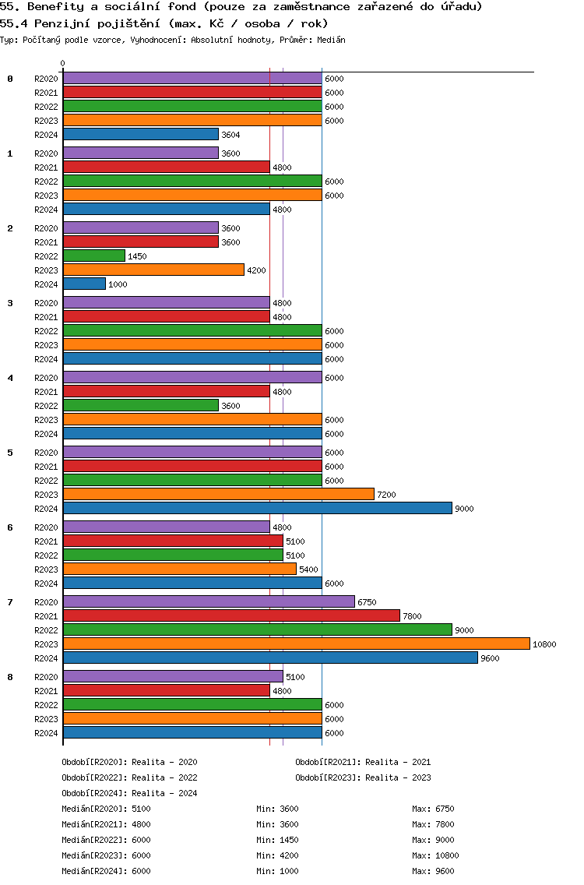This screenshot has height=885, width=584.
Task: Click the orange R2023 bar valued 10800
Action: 296,644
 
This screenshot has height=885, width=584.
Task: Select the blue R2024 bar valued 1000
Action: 84,284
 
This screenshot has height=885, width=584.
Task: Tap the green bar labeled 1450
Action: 93,256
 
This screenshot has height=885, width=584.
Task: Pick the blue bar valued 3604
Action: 140,135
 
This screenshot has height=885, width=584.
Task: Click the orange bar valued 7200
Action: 218,495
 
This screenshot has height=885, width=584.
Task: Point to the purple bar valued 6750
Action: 209,602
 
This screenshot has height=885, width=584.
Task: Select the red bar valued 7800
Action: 231,616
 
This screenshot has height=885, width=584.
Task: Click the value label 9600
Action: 490,658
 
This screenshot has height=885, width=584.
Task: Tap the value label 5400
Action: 308,569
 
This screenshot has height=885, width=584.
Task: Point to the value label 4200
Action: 256,270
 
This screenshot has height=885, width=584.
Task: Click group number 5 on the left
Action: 10,453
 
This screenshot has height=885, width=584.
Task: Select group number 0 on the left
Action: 10,79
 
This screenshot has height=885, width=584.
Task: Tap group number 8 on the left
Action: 10,677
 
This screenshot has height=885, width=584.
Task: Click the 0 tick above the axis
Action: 63,64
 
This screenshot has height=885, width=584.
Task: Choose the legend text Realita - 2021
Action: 397,762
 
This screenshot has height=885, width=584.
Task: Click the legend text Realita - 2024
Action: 164,793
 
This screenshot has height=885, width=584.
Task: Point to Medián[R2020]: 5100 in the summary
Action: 106,809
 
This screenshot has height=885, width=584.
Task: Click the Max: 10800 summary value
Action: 435,855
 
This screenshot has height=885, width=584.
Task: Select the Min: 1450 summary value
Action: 277,840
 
